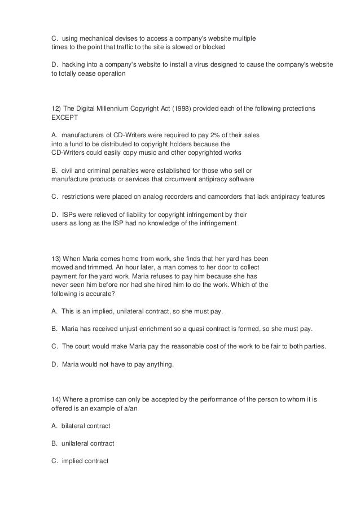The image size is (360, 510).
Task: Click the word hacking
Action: click(75, 64)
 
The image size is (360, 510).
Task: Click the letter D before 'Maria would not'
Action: click(54, 364)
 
